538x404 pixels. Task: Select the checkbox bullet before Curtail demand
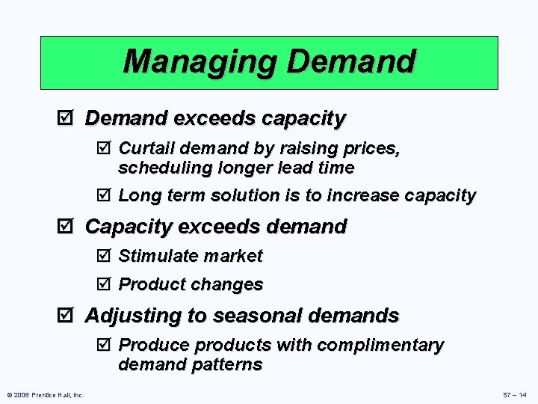point(105,148)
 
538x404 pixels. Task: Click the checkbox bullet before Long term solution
point(105,196)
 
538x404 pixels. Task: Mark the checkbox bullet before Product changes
point(105,284)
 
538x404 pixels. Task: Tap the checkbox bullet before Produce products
point(105,346)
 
